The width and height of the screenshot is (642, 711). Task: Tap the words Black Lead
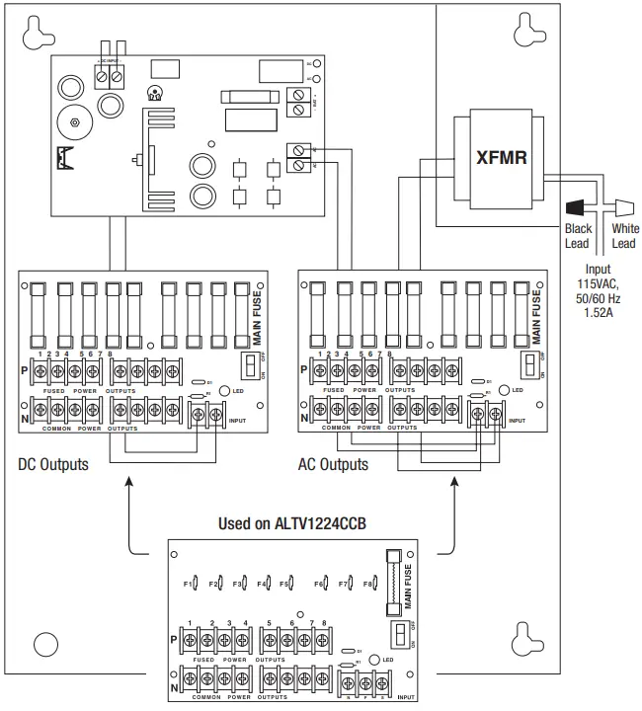click(578, 236)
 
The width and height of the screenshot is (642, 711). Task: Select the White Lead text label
click(625, 236)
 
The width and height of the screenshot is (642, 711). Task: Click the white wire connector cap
click(622, 208)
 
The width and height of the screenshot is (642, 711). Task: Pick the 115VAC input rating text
click(597, 283)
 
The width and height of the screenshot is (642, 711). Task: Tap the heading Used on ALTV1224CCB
click(291, 522)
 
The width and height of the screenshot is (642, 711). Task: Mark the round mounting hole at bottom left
click(41, 644)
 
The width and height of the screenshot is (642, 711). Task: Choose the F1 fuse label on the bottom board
click(191, 584)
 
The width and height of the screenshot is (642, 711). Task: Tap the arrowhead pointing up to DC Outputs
click(128, 482)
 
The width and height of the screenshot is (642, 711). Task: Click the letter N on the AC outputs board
click(303, 417)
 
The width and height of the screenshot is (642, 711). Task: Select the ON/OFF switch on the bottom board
click(400, 631)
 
